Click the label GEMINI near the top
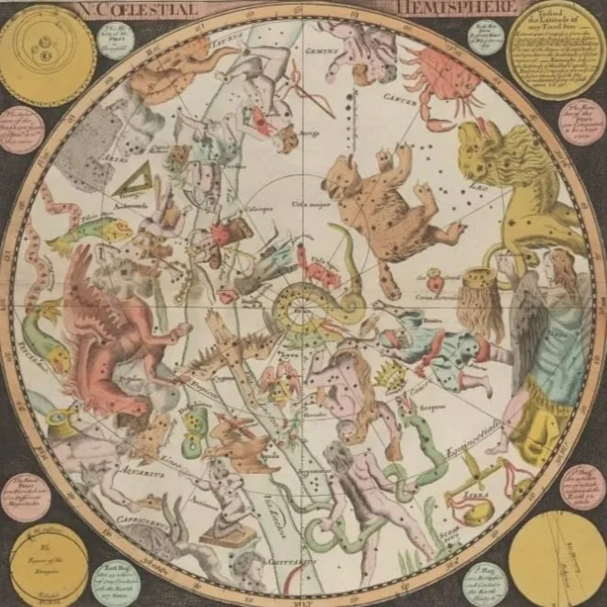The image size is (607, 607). [323, 55]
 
